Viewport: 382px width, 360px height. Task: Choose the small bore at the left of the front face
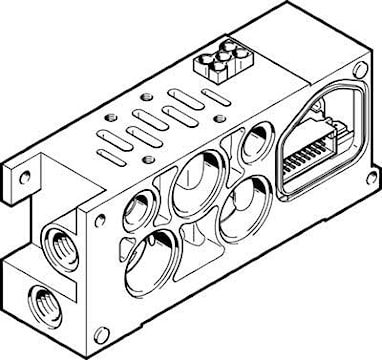click(133, 211)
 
